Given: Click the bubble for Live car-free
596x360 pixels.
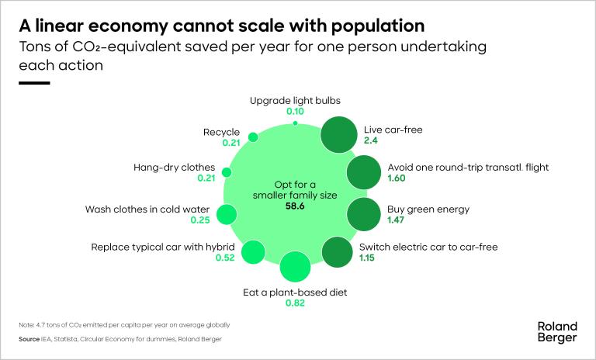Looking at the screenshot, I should [338, 134].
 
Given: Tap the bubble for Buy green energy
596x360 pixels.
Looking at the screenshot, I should [362, 213].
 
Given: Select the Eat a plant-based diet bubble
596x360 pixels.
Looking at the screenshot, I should [295, 268].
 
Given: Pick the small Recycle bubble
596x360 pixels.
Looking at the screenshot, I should [252, 137].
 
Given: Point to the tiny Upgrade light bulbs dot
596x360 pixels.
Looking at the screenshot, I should [296, 123].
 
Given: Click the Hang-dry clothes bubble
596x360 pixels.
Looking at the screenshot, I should [227, 172].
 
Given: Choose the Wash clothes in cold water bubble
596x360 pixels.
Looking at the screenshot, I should [227, 215].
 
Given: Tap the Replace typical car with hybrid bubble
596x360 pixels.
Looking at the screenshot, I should [254, 251].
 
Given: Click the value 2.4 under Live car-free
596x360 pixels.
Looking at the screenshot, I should [371, 140].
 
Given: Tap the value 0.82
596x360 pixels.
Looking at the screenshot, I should [296, 304].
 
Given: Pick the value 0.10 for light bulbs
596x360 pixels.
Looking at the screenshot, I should [296, 112].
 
